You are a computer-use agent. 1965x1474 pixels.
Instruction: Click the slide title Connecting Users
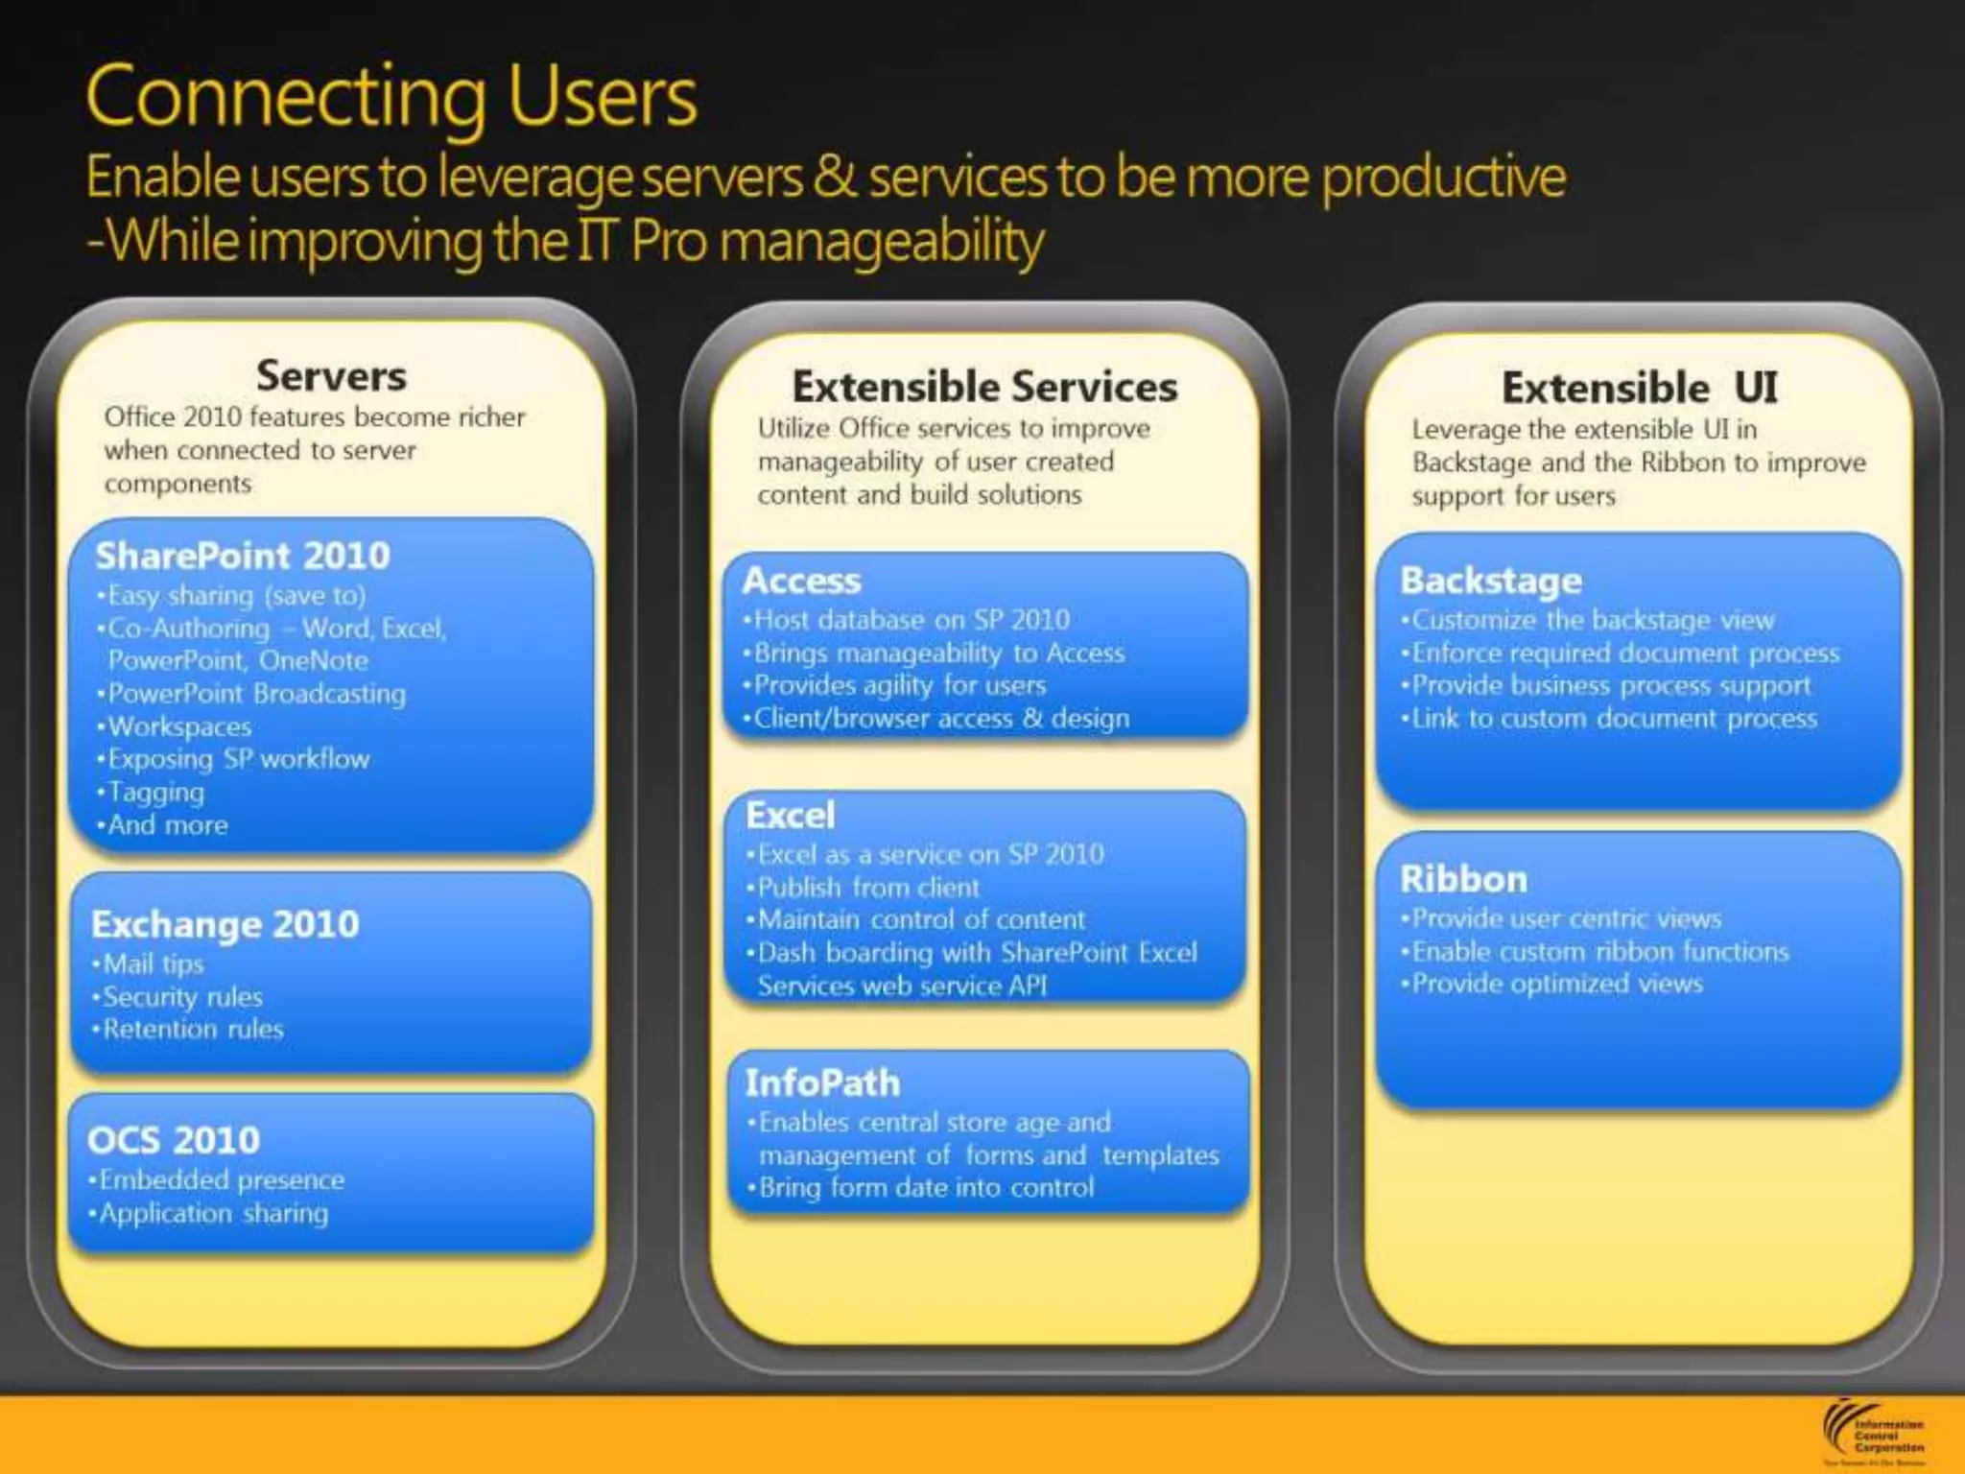tap(391, 96)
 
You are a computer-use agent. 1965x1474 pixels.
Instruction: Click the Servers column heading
tap(331, 375)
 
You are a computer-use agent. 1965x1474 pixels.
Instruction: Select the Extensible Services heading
tap(984, 387)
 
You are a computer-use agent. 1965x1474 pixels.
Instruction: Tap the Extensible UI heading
tap(1639, 388)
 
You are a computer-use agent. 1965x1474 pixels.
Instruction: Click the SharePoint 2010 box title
tap(243, 556)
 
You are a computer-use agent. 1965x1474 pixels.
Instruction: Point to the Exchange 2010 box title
tap(225, 924)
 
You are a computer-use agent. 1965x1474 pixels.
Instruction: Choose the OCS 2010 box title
tap(174, 1140)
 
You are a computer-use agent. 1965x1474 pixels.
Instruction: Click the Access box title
tap(802, 581)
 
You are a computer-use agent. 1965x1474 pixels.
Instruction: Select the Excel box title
tap(791, 816)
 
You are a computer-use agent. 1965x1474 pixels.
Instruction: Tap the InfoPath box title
tap(822, 1083)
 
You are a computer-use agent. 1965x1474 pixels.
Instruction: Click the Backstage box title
tap(1491, 581)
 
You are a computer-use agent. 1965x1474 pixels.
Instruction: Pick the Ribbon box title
tap(1463, 879)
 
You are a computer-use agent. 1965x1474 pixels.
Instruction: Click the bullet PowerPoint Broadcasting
tap(256, 694)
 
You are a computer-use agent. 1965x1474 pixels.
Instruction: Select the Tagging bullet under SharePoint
tap(155, 793)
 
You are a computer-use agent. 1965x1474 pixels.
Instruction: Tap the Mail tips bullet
tap(153, 963)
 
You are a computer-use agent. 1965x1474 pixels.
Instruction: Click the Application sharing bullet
tap(213, 1213)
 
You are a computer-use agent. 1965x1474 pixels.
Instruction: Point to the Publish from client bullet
tap(868, 888)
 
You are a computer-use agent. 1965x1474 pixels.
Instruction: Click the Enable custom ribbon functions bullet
tap(1599, 952)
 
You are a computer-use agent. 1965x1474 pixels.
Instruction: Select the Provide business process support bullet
tap(1610, 685)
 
